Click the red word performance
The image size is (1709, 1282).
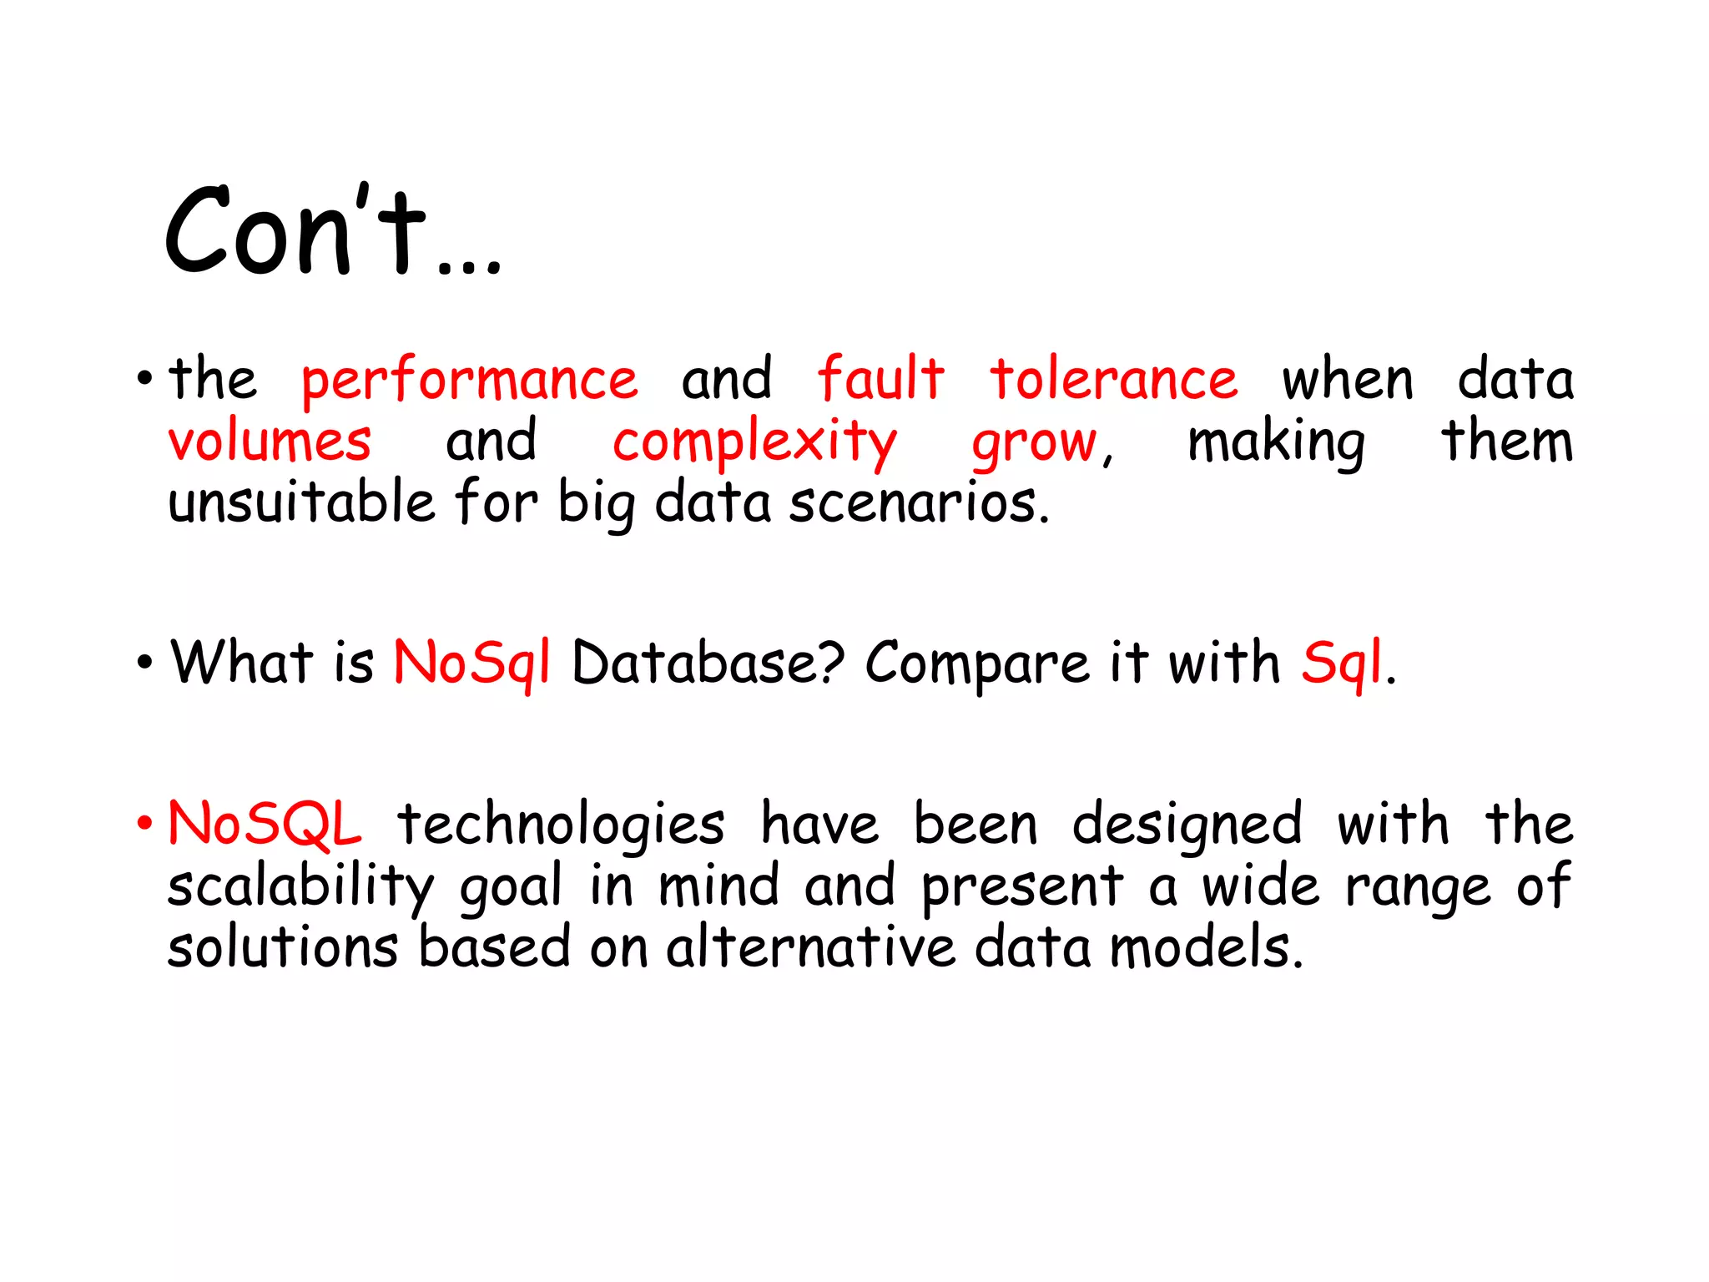tap(469, 381)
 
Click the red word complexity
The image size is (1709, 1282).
tap(754, 442)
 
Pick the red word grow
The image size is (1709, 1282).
tap(1035, 442)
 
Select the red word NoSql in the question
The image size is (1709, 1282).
tap(471, 663)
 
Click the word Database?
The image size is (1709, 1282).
tap(708, 663)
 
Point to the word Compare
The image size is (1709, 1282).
tap(977, 664)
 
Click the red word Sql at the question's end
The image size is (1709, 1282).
tap(1341, 663)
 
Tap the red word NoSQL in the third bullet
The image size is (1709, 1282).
tap(265, 824)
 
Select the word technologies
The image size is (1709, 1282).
tap(561, 825)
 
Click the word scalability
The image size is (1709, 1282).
tap(300, 886)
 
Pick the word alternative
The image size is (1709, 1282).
tap(810, 947)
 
